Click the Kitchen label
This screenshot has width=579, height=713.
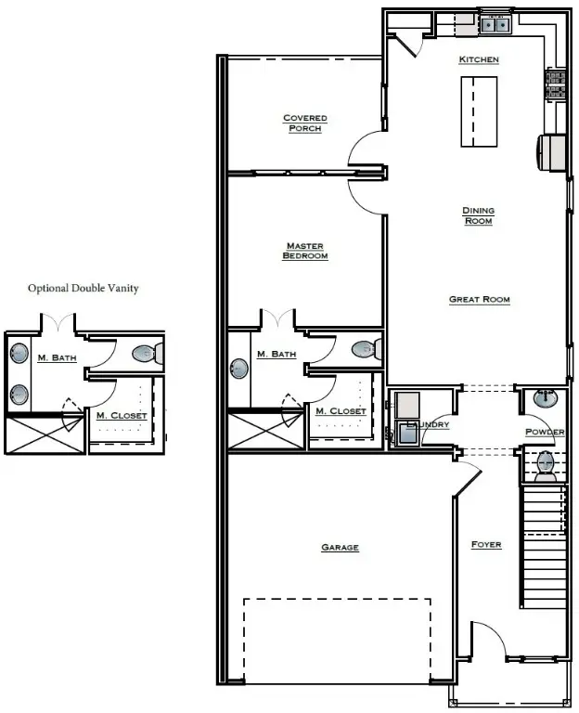[x=479, y=60]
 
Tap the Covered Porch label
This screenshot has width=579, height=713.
[x=305, y=123]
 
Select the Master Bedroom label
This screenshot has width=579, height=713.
[x=305, y=251]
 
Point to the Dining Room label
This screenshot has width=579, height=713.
[x=479, y=215]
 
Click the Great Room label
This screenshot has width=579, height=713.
[x=479, y=300]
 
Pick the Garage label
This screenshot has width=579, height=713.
[x=340, y=548]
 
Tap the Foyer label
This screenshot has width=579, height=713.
[x=486, y=545]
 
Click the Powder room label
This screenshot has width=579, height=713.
[x=545, y=433]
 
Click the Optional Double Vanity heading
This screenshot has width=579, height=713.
[x=84, y=289]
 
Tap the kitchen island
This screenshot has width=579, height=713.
[x=479, y=110]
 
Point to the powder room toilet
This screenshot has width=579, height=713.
[x=545, y=464]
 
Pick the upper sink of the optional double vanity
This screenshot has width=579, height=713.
[x=19, y=354]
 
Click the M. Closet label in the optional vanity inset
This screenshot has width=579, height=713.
[x=122, y=415]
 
